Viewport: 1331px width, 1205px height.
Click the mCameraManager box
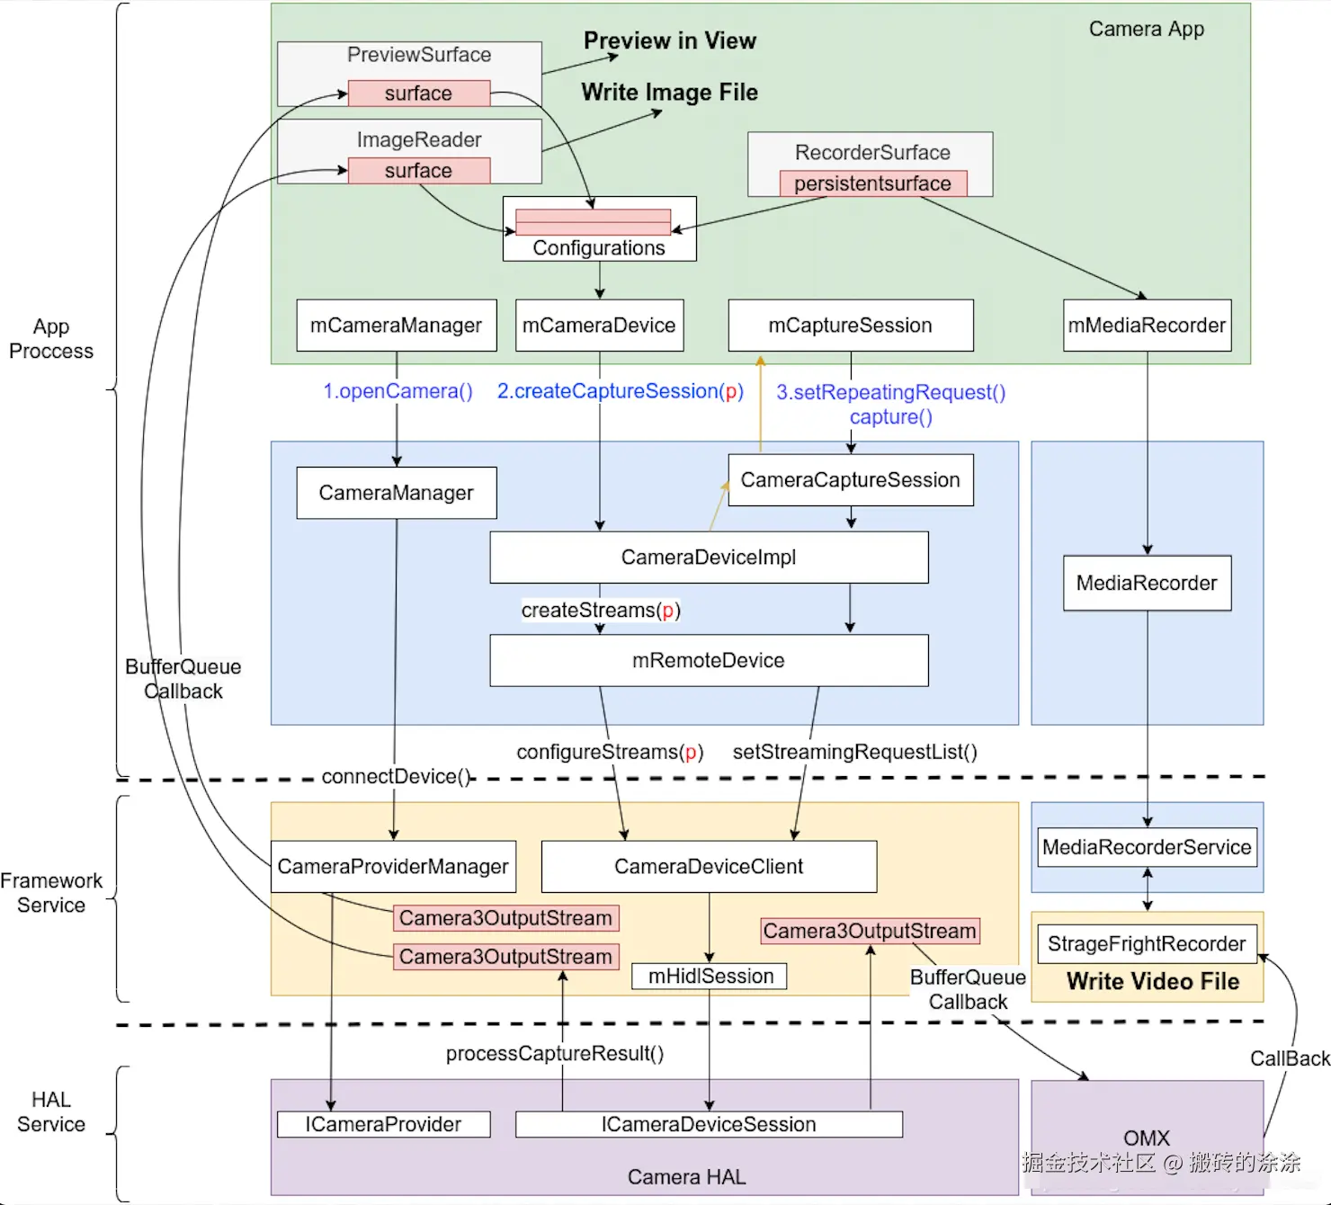pos(396,326)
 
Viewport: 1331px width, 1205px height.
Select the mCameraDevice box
pos(599,326)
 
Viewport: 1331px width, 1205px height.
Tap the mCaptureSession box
pos(851,326)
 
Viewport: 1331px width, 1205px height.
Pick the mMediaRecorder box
pos(1148,326)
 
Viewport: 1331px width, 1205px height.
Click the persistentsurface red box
pos(873,183)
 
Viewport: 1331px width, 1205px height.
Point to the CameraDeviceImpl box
pos(709,558)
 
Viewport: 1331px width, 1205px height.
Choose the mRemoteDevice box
pos(709,660)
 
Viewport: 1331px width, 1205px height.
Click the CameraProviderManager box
pos(394,867)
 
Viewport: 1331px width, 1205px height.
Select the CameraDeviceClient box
pos(709,867)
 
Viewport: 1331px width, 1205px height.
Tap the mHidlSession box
pos(710,976)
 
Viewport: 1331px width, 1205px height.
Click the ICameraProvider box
pos(383,1124)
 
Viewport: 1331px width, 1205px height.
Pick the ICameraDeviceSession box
pos(709,1124)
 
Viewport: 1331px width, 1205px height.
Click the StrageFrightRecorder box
pos(1148,943)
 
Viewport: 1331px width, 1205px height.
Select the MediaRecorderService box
pos(1148,847)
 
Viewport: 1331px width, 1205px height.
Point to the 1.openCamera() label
pos(398,391)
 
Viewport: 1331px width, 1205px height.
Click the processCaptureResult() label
pos(555,1053)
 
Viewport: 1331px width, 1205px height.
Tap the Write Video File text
pos(1153,981)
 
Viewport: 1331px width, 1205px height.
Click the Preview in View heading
pos(670,40)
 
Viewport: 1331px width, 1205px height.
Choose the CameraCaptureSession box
pos(851,479)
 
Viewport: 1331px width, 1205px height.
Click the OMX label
pos(1147,1138)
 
